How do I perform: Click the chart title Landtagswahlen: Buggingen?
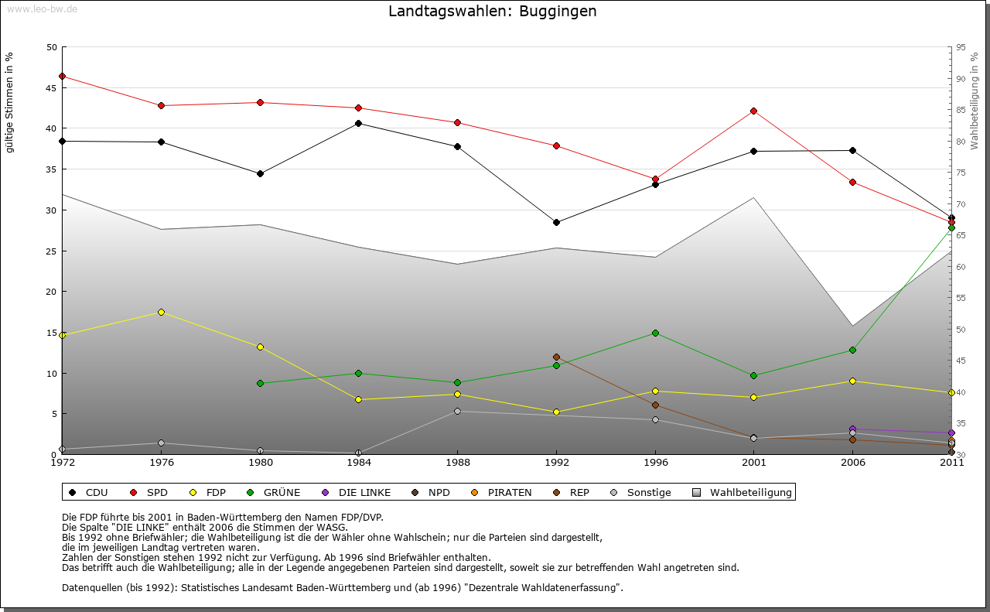(493, 12)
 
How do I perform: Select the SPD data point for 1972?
(62, 76)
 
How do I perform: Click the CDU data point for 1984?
(358, 123)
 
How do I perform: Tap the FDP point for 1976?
(161, 312)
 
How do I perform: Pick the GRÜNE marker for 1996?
(655, 333)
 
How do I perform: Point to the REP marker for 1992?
(556, 357)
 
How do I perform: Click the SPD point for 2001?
(754, 111)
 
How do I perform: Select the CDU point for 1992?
(556, 222)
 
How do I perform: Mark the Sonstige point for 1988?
(457, 411)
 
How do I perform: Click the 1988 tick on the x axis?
(457, 463)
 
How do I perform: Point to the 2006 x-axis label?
(852, 463)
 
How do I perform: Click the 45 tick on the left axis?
(52, 87)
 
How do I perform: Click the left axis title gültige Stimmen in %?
(9, 102)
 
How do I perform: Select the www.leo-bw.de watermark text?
(42, 9)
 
